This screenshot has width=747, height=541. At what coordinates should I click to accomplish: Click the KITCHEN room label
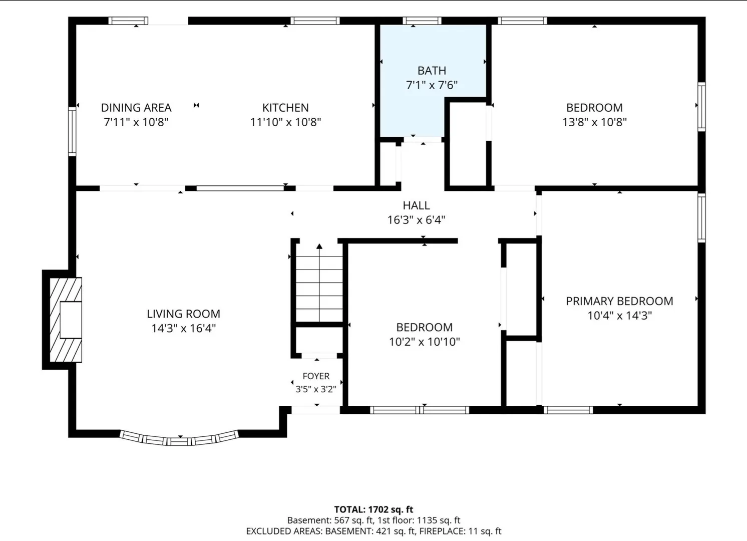pos(285,108)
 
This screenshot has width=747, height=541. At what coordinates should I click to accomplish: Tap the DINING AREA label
pos(136,108)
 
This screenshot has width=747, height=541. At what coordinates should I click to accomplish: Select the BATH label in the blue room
pos(432,71)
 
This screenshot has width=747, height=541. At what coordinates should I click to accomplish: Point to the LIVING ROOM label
pos(183,314)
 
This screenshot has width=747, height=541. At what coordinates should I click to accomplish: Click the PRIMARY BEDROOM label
pos(620,301)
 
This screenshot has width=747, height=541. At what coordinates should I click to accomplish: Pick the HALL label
pos(416,205)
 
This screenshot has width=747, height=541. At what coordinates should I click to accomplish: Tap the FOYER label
pos(316,376)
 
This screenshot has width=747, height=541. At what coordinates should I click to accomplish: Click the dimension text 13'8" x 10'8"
pos(595,122)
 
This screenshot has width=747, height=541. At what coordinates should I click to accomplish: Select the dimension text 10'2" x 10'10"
pos(425,342)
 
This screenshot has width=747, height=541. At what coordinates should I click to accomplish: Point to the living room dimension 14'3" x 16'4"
pos(183,329)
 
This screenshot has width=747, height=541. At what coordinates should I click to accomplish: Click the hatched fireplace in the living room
pos(66,320)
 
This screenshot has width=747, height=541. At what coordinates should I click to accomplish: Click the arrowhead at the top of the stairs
pos(319,246)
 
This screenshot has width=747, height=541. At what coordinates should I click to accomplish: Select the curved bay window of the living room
pos(179,438)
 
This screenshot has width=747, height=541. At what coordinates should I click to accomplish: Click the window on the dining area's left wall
pos(72,131)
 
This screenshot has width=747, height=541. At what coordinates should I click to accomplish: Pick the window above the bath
pos(422,21)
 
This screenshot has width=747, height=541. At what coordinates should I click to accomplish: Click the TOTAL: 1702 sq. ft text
pos(373,509)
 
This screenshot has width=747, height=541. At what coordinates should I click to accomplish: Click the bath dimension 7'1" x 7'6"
pos(432,85)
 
